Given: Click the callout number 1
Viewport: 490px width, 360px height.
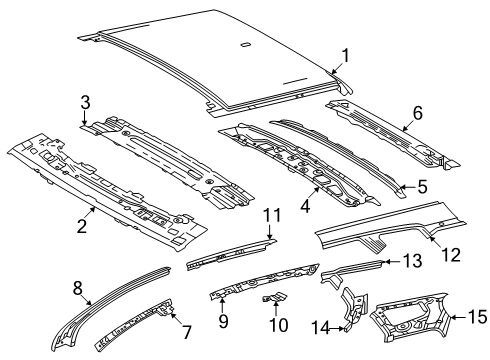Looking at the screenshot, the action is pos(346,55).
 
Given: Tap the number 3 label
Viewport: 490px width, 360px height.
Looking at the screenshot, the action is pos(85,103).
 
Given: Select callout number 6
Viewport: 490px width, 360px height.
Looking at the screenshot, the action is pos(417,113).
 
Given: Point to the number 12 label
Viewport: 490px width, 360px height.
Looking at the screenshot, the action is pos(451,255).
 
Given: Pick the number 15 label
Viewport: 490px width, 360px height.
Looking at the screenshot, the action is pos(478,317).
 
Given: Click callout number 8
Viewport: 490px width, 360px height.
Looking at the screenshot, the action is pos(78,288).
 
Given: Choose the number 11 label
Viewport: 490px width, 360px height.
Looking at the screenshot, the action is pos(272,215).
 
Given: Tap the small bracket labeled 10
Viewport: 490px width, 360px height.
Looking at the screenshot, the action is pos(274,296).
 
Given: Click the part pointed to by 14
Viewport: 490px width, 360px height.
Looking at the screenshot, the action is pos(354,309).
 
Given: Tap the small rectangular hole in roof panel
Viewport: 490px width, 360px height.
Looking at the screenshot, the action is pos(245,44).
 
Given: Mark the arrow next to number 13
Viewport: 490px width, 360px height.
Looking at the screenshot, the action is pos(391,262).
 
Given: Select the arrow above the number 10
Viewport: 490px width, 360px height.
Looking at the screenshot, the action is pos(276,307).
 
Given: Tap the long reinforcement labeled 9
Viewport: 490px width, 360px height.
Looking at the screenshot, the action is pos(263,280).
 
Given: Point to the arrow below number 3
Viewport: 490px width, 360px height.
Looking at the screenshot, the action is pos(85,119).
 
